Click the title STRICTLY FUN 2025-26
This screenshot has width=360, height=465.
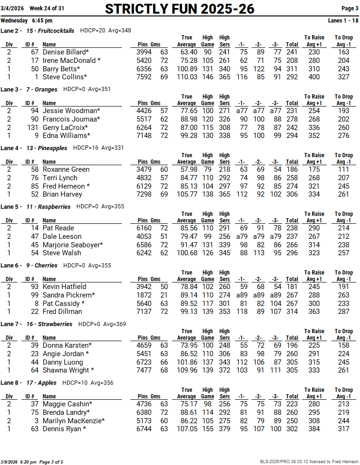180,8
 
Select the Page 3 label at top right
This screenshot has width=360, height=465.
350,8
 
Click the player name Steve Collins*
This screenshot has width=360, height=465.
65,77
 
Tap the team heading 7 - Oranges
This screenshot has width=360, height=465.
42,89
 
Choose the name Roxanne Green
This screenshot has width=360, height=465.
66,169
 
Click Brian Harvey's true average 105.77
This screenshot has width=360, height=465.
187,194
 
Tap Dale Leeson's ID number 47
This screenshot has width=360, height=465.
34,236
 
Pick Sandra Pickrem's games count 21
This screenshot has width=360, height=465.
164,295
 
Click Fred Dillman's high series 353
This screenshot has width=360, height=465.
225,312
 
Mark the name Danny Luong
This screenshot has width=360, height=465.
63,362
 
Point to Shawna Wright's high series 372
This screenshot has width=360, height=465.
225,370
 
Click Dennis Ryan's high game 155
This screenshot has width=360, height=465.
207,429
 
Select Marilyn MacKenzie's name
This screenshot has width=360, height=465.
74,420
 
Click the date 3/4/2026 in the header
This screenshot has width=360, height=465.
12,8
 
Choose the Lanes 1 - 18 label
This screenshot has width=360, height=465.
344,21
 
